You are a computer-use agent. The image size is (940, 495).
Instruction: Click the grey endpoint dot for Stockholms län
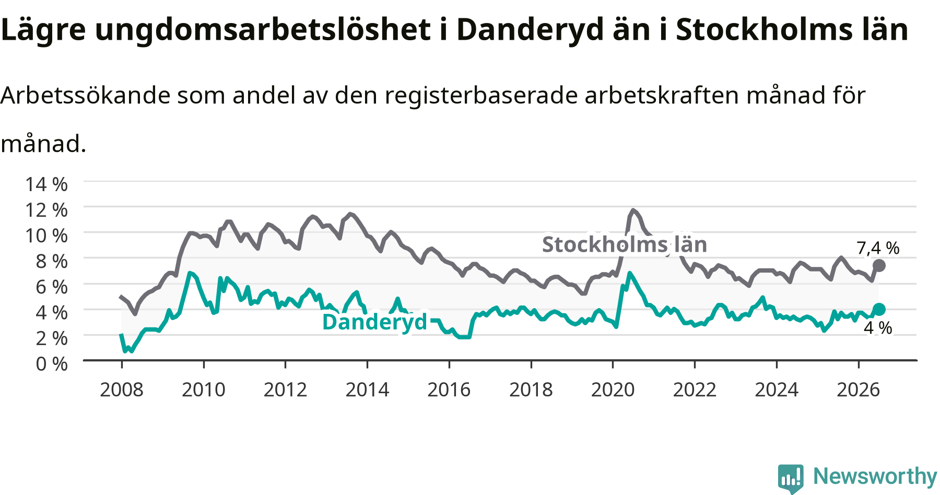(879, 265)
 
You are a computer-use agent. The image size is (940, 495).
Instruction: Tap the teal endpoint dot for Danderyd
(879, 309)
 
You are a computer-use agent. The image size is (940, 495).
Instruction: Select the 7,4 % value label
(878, 248)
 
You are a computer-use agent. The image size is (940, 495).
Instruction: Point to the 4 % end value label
(878, 328)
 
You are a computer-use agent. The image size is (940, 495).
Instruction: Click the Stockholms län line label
(625, 244)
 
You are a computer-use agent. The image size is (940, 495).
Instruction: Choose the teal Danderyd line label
(375, 322)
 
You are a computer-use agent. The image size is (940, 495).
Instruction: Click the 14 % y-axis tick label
(46, 184)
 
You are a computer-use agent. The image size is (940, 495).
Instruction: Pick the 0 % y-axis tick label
(52, 363)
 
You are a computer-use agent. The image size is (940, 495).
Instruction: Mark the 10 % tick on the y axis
(46, 235)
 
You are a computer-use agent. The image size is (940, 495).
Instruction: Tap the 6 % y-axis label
(52, 287)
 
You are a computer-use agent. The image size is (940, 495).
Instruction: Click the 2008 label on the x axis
(122, 390)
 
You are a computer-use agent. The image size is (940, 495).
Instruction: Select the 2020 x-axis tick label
(613, 390)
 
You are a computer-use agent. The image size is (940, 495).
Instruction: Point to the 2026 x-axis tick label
(859, 390)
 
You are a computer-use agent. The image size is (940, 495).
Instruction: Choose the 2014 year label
(367, 390)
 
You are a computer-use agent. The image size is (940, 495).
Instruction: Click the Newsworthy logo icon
(791, 478)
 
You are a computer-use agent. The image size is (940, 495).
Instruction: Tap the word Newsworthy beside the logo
(875, 476)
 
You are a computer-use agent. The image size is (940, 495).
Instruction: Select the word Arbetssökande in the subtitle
(86, 95)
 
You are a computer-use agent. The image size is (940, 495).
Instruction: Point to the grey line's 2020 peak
(633, 210)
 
